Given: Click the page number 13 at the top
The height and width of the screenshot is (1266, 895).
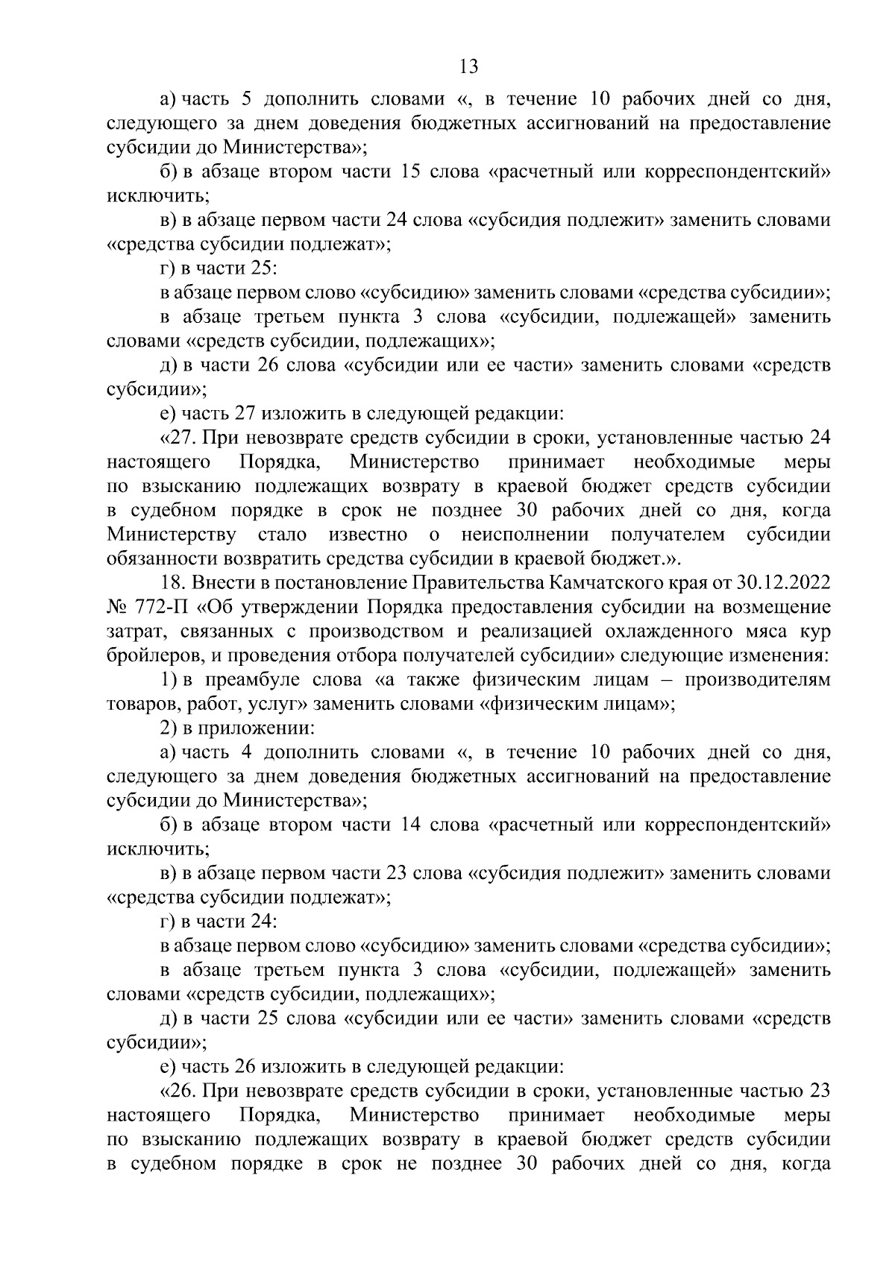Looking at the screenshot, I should click(468, 67).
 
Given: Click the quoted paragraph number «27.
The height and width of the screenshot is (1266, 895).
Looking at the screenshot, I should click(176, 437).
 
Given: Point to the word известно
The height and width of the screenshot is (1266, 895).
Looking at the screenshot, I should click(368, 535).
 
